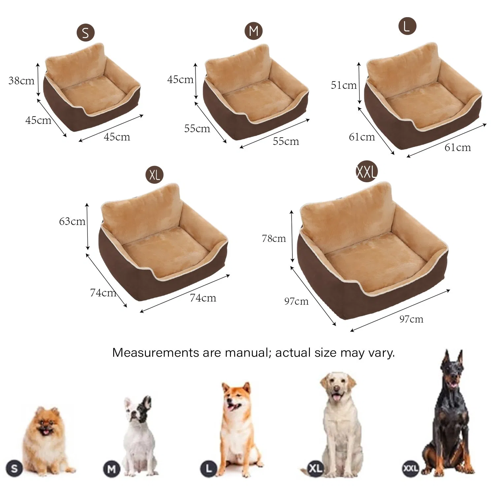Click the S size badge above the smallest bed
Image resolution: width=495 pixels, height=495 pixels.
[85, 33]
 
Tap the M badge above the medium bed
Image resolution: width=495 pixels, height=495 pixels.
[253, 31]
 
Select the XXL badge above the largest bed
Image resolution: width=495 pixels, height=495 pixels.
[366, 172]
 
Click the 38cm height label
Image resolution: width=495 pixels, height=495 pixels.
[21, 81]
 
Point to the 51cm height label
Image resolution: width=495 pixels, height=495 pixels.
[344, 85]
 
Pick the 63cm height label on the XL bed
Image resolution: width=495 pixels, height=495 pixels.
[72, 221]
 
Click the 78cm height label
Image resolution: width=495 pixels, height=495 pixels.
[274, 238]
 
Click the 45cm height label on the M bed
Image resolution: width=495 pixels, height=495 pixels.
[180, 80]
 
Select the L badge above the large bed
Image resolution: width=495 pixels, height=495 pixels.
[407, 26]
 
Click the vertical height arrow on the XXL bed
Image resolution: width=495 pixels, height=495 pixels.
[292, 236]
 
